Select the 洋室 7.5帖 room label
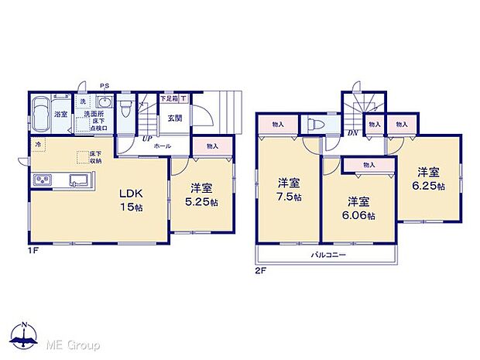click(290, 190)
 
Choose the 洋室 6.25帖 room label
click(429, 180)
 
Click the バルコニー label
click(328, 255)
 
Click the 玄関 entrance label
click(174, 118)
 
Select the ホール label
click(163, 146)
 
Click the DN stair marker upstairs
click(352, 133)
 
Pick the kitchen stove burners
click(43, 181)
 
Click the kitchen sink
click(80, 181)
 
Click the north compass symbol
click(25, 335)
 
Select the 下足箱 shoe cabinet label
click(167, 99)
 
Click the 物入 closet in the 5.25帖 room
click(212, 146)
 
